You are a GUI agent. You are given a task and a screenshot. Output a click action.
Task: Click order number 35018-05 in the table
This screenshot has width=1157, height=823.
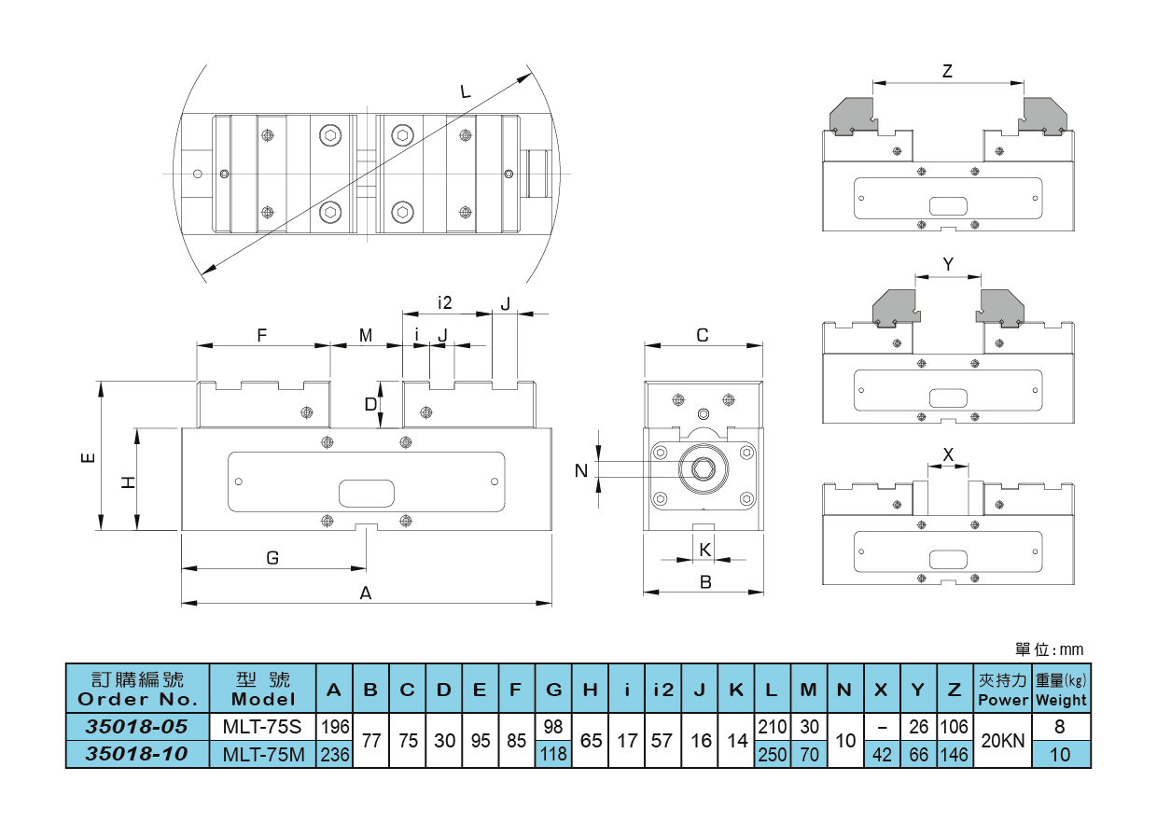coord(137,726)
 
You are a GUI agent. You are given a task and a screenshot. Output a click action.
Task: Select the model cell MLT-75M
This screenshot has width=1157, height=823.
coord(263,754)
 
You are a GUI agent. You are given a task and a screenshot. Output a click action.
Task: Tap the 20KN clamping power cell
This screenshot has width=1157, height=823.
coord(1001,740)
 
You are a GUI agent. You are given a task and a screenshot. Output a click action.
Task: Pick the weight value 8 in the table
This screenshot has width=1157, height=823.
coord(1060,726)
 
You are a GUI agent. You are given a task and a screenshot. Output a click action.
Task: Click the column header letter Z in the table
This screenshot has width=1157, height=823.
coord(954,690)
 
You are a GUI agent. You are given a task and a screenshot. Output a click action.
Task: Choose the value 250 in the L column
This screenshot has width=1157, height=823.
coord(772,754)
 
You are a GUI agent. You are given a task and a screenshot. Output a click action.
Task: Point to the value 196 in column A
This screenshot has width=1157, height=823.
coord(334,726)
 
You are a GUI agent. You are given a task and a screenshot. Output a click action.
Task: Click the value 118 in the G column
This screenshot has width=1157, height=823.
coord(553,754)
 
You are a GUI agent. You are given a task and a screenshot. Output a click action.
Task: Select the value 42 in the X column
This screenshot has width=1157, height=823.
coord(881,754)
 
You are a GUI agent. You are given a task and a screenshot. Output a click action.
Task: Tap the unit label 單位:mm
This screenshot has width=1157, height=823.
coord(1049,649)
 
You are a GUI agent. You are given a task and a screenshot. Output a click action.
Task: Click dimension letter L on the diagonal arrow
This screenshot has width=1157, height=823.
coord(466,91)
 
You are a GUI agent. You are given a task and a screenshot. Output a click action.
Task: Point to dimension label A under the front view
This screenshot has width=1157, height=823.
coord(366,593)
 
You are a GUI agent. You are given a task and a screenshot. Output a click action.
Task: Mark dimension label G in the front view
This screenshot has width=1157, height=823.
coord(272,558)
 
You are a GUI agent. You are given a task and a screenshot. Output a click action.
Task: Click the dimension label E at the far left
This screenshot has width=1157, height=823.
coord(87,457)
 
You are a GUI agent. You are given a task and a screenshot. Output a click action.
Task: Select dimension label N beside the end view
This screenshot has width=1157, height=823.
coord(581,471)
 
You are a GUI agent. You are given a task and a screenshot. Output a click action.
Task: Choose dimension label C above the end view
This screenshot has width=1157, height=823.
coord(704,335)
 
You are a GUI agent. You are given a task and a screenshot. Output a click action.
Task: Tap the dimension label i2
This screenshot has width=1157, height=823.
coord(444,302)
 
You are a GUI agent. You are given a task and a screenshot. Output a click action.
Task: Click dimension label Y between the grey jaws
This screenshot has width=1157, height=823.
coord(948,264)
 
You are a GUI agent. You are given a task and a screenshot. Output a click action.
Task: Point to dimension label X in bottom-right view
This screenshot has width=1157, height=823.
coord(948,454)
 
